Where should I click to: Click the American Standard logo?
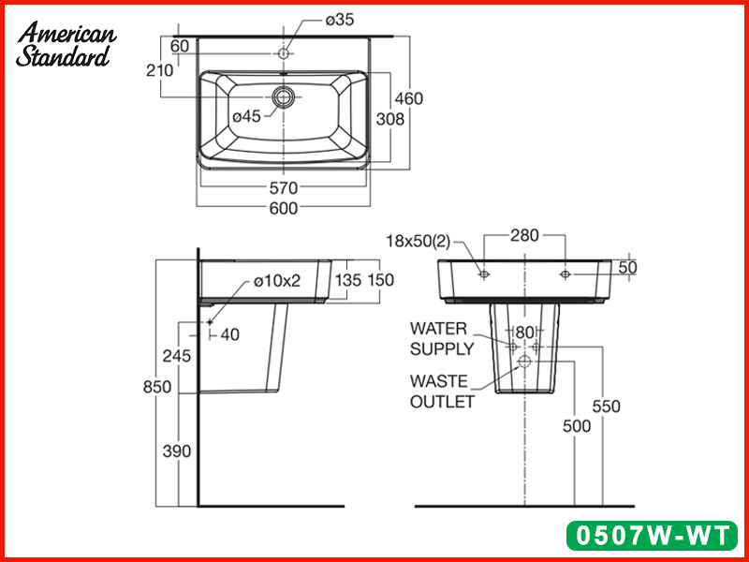tap(66, 44)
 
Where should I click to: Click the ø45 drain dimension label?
tap(246, 116)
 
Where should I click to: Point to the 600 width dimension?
tap(283, 208)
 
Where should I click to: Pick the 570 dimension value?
tap(283, 187)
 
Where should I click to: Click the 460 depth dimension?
tap(407, 98)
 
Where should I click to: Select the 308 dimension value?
tap(389, 119)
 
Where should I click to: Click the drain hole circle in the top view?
tap(284, 96)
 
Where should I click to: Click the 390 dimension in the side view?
tap(176, 451)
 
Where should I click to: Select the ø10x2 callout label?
tap(276, 281)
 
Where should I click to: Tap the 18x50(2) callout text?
tap(418, 242)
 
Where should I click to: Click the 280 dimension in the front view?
tap(524, 235)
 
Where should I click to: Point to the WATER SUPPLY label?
tap(441, 339)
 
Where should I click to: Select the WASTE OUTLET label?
tap(442, 392)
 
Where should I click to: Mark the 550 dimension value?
tap(605, 407)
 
